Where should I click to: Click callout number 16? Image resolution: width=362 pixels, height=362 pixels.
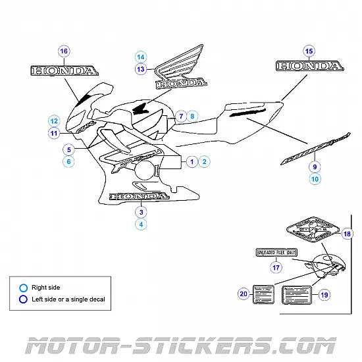[x=63, y=51]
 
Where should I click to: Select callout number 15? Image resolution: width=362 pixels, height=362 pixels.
[x=309, y=51]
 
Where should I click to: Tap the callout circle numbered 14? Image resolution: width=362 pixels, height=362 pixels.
[x=140, y=57]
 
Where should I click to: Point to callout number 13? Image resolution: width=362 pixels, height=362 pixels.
[x=140, y=69]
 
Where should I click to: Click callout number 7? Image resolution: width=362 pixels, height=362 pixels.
[x=179, y=116]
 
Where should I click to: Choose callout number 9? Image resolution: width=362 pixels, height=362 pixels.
[x=315, y=166]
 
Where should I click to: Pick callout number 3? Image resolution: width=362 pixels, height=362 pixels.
[x=140, y=211]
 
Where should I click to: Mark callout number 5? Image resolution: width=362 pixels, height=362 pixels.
[x=68, y=149]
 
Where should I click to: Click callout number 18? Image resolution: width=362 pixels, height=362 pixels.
[x=348, y=234]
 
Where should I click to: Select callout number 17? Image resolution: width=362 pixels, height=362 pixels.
[x=276, y=267]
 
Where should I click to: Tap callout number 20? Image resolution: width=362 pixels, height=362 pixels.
[x=244, y=294]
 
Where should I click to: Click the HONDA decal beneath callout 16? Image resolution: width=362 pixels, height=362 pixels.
[x=64, y=70]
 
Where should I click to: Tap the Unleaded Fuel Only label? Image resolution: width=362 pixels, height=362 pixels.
[x=276, y=252]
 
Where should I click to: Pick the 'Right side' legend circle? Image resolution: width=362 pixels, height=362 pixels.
[x=24, y=288]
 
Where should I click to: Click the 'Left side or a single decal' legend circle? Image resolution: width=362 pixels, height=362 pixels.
[x=24, y=299]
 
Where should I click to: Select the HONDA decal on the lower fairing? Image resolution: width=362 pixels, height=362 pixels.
[x=138, y=195]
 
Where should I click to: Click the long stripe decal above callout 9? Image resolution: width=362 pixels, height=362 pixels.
[x=315, y=146]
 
